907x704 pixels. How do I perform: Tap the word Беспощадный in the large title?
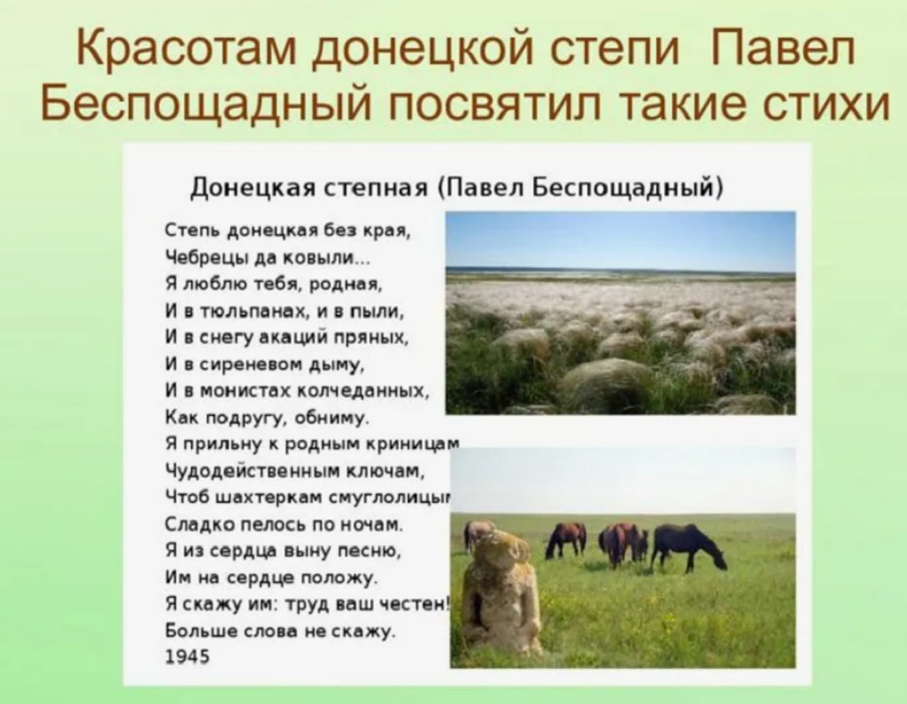click(x=205, y=104)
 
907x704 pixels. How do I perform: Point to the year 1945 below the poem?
click(x=187, y=656)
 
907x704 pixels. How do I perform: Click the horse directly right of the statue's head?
click(x=565, y=540)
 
